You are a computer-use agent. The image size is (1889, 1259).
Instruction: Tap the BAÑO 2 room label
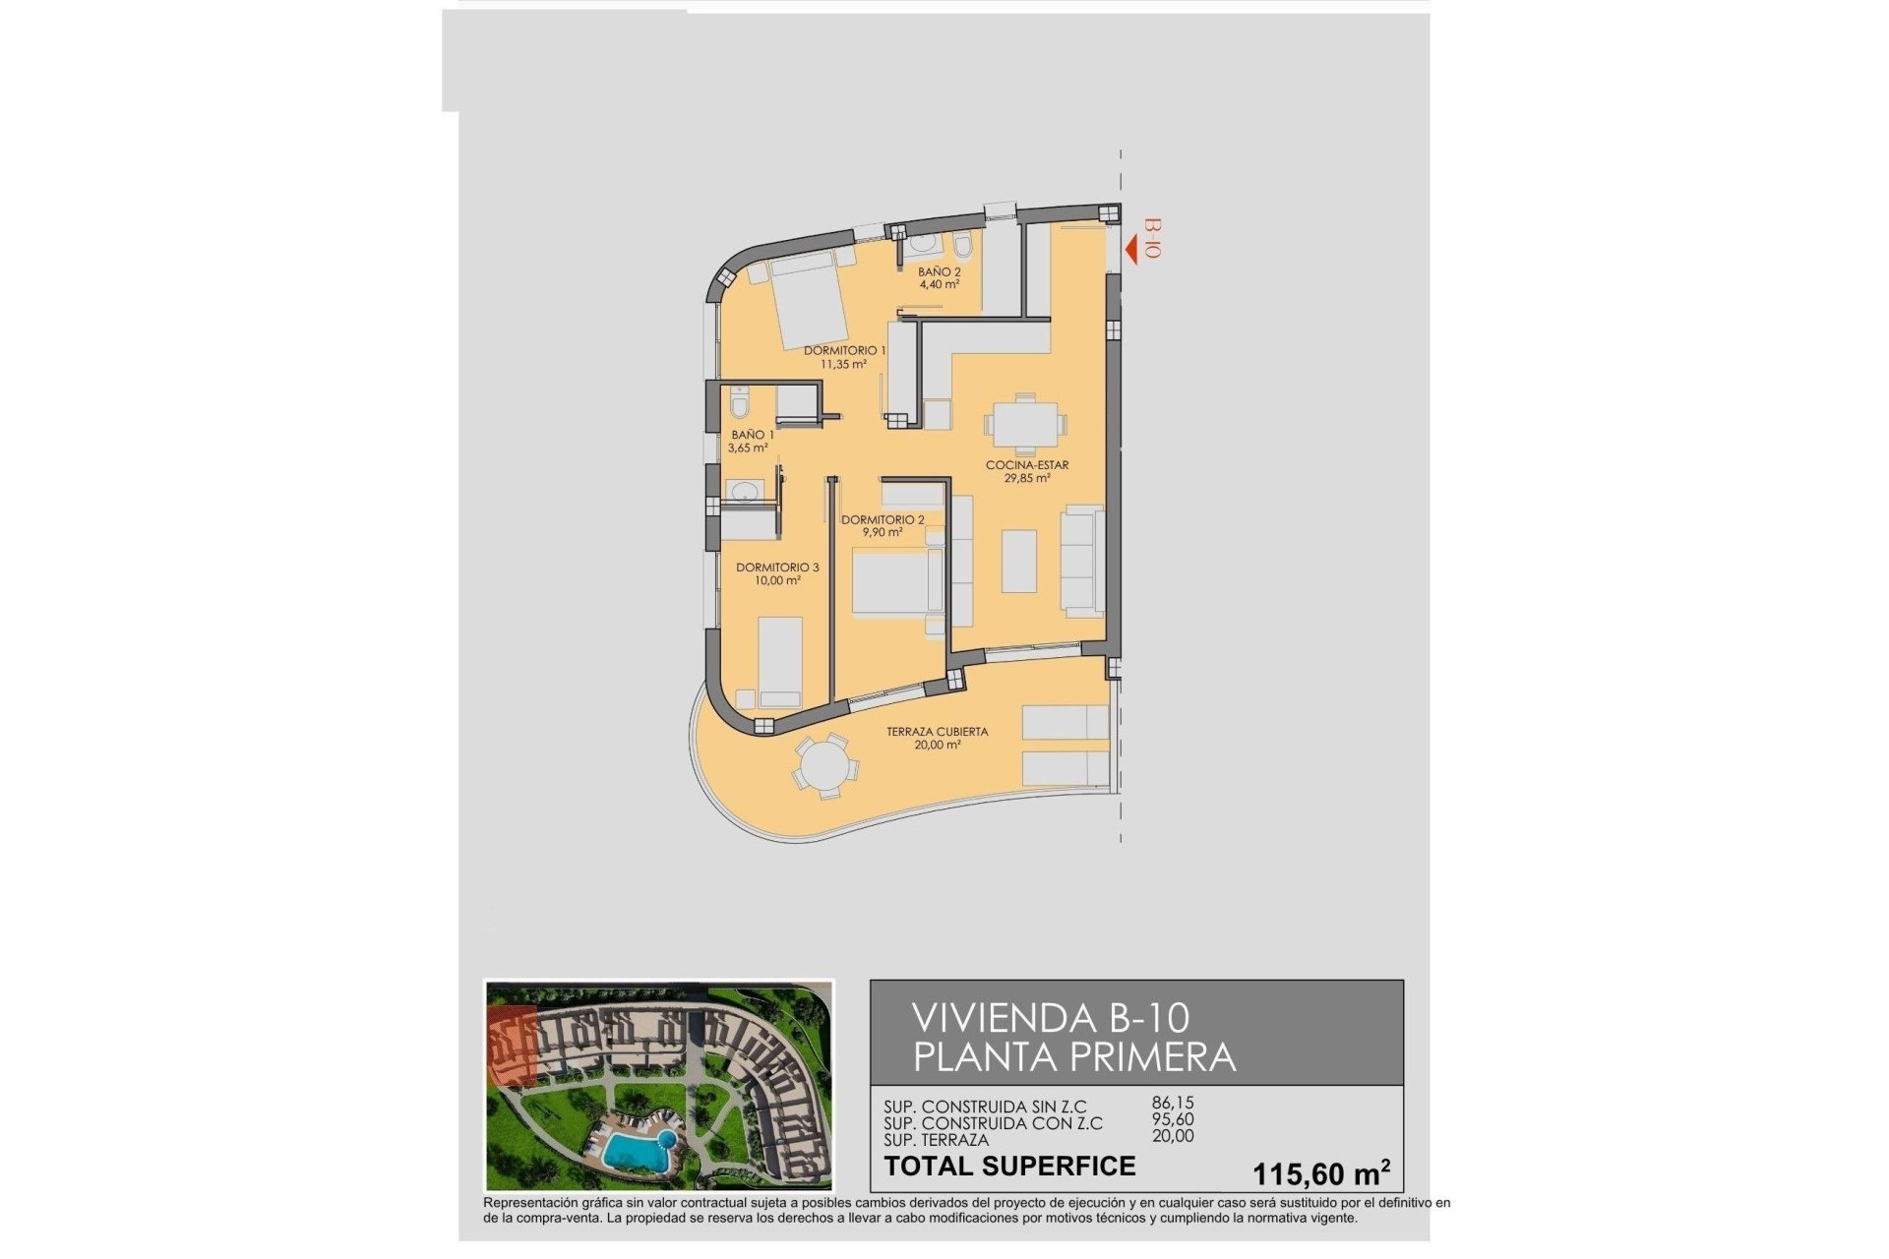(939, 271)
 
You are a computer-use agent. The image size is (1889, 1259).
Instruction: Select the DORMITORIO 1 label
(844, 350)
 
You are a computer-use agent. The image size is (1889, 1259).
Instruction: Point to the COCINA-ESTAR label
(1027, 465)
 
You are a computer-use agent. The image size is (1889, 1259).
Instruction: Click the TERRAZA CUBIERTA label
(937, 732)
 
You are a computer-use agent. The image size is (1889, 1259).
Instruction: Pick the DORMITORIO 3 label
(777, 568)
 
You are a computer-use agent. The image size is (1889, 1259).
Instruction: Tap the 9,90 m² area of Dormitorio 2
(883, 533)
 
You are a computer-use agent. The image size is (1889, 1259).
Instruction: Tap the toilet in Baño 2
(962, 246)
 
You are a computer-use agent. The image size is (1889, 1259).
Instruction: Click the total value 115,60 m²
(1320, 1173)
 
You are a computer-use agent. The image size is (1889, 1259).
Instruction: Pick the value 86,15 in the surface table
(1173, 1104)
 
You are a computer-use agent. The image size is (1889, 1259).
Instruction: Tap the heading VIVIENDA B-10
(1051, 1017)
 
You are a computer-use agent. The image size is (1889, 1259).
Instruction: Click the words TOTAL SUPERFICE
(1009, 1167)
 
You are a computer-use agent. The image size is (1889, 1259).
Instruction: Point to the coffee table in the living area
(1019, 561)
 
